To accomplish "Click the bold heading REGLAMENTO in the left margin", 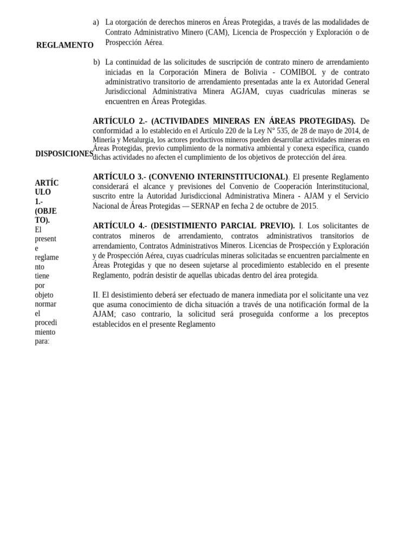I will click(x=64, y=45).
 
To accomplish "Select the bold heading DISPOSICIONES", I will click(x=64, y=154).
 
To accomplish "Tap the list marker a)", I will click(x=96, y=22).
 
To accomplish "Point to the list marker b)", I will click(x=96, y=62).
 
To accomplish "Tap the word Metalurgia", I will click(x=138, y=140).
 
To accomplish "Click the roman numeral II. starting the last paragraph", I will click(x=96, y=295).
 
